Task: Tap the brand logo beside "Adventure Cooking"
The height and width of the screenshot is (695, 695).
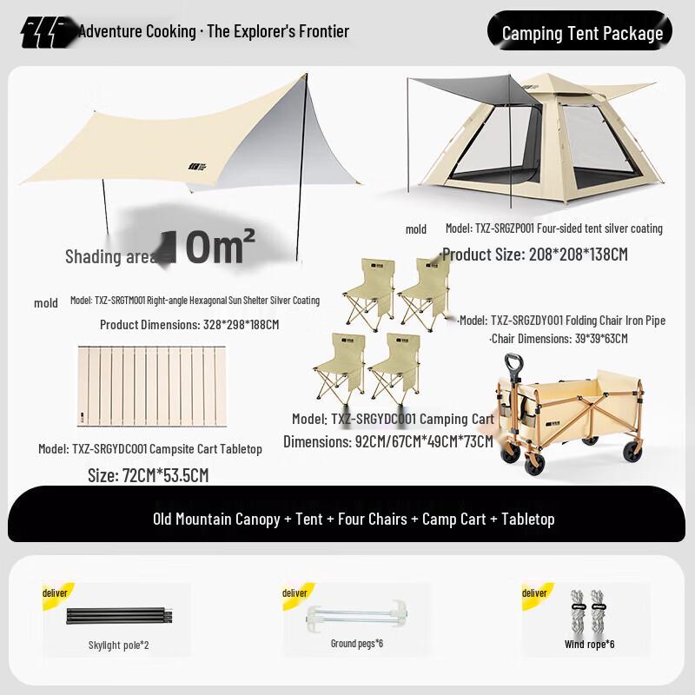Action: (49, 32)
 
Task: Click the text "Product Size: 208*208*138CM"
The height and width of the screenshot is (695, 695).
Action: (534, 255)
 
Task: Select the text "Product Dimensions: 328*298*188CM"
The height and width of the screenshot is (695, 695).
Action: (189, 324)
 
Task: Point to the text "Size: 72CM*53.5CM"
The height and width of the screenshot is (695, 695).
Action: (149, 475)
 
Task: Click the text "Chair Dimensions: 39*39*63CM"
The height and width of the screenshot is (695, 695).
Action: (559, 338)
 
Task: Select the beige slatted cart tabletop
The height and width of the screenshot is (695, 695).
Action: (151, 387)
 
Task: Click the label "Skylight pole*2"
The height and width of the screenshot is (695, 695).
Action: (118, 645)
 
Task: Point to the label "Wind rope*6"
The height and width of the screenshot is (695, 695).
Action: (588, 645)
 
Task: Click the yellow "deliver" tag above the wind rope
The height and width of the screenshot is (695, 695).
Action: (534, 592)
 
